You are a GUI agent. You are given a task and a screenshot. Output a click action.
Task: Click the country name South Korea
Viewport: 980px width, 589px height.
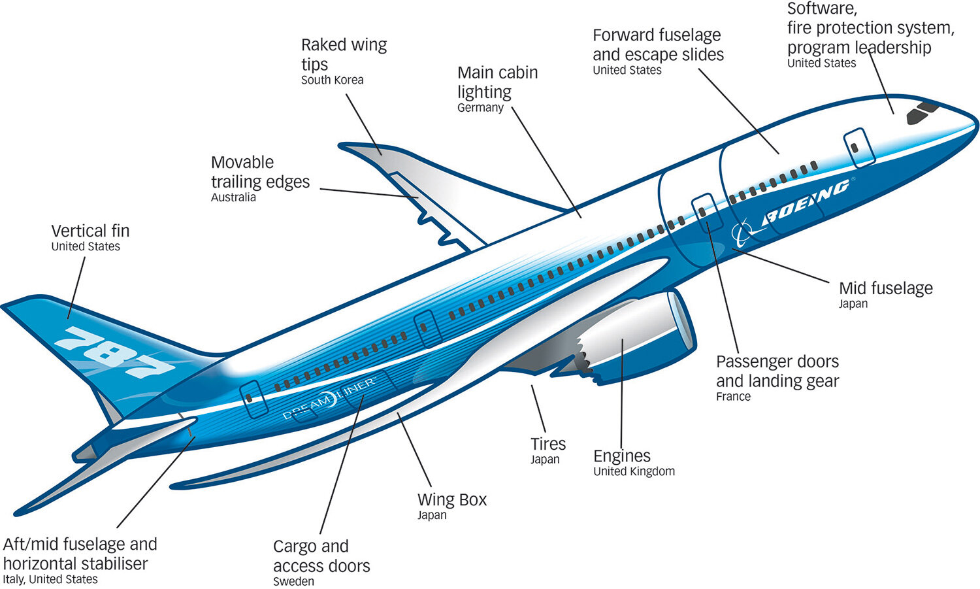click(332, 80)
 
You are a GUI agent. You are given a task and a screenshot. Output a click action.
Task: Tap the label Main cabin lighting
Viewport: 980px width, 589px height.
click(497, 82)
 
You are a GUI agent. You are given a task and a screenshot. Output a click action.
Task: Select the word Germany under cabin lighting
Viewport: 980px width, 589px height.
click(480, 108)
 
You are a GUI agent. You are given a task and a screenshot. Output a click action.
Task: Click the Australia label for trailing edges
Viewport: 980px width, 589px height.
click(233, 197)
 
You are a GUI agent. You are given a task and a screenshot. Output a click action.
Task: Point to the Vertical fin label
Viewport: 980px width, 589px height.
click(90, 231)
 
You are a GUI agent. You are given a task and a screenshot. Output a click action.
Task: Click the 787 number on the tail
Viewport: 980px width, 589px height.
click(114, 354)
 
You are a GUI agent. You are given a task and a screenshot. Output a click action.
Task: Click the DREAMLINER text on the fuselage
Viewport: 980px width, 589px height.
click(329, 397)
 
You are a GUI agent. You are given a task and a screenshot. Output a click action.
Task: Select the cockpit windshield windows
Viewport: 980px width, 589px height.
click(921, 112)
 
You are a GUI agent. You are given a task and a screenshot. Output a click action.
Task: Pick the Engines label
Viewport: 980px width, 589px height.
click(621, 456)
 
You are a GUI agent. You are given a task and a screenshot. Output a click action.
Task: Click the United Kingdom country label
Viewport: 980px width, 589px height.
click(634, 471)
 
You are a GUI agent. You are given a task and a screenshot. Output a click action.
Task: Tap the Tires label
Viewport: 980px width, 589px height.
click(547, 444)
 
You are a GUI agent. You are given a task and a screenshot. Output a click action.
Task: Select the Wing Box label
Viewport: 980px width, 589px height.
click(452, 499)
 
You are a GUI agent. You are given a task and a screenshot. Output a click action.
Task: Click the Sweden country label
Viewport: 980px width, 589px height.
click(293, 581)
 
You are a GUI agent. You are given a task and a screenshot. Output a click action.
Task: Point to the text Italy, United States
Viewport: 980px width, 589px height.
click(50, 579)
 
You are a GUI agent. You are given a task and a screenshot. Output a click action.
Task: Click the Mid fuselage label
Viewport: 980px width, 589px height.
click(885, 288)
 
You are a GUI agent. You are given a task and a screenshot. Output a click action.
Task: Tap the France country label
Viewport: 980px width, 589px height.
click(733, 397)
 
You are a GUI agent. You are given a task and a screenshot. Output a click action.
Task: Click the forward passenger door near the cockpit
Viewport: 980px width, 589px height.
click(858, 148)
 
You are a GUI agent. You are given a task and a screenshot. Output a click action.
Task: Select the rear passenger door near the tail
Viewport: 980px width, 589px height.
click(253, 398)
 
